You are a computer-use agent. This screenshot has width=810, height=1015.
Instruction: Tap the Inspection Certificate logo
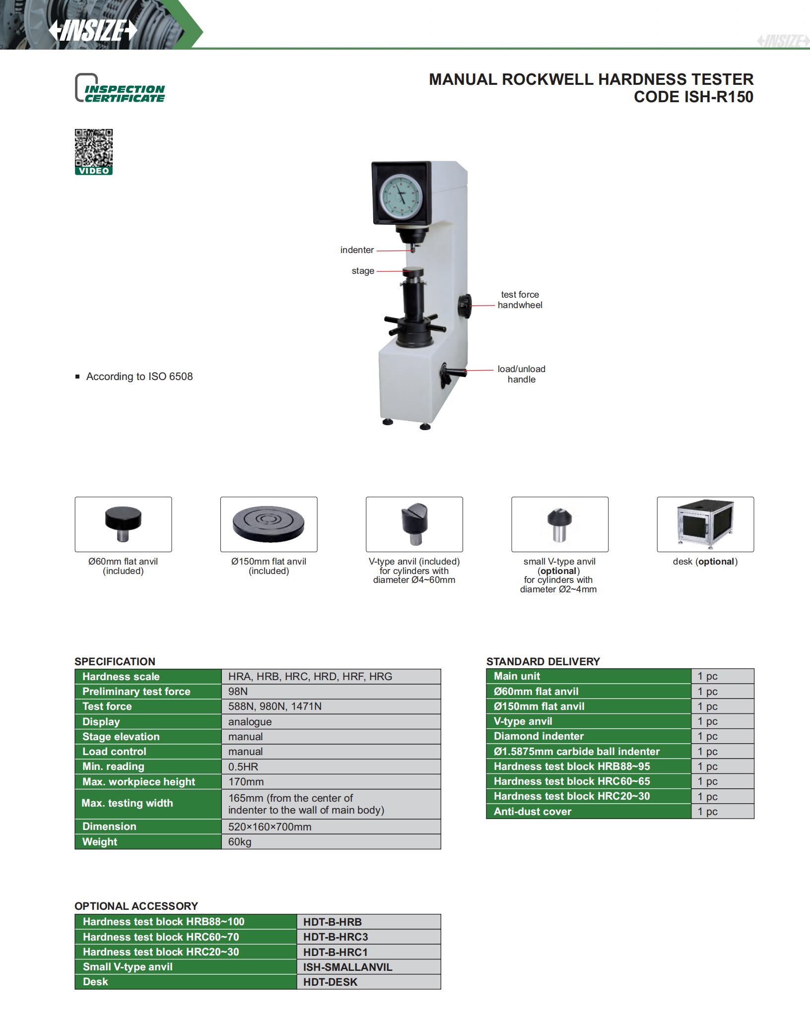pos(120,89)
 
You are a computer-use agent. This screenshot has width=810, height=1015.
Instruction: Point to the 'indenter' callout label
pos(357,250)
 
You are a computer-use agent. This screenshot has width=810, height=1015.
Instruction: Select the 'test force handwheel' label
pos(520,300)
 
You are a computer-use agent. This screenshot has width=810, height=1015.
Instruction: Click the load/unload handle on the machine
pos(451,373)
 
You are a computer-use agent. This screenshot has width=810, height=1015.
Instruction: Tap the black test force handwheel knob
pos(465,305)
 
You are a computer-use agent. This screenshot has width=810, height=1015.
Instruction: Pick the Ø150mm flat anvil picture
pos(269,524)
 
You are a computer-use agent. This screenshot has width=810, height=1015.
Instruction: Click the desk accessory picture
pos(705,524)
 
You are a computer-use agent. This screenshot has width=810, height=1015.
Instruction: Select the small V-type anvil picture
pos(559,524)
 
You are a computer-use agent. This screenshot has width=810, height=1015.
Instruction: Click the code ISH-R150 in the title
pos(693,97)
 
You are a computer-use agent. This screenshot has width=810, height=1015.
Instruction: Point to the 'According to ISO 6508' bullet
pos(139,377)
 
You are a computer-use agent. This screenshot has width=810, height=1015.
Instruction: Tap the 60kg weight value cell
pos(331,842)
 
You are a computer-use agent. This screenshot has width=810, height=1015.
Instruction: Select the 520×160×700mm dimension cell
pos(331,826)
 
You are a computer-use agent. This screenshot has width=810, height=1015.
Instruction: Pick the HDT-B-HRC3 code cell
pos(368,937)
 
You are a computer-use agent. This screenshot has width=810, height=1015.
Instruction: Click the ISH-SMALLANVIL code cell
pos(368,967)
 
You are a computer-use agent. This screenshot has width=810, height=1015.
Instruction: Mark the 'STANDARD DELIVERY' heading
pos(543,661)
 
